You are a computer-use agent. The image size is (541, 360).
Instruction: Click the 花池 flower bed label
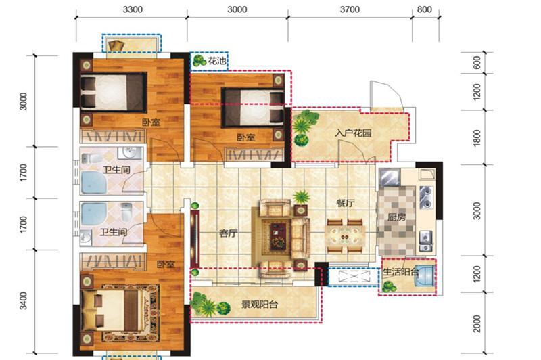click(217, 61)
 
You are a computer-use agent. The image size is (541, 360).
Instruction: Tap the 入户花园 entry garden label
click(353, 133)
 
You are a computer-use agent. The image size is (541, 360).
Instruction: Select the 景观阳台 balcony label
click(259, 305)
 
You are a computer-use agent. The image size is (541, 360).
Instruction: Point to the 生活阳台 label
click(400, 272)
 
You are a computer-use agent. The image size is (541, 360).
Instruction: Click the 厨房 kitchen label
click(397, 217)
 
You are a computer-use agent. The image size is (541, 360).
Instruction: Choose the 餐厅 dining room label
click(346, 203)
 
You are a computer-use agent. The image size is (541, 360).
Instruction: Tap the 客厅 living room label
click(228, 233)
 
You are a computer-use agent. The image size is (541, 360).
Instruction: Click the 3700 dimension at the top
click(350, 9)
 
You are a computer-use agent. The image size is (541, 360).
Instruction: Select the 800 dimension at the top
click(425, 9)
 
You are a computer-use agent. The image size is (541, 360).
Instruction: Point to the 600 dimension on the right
click(477, 63)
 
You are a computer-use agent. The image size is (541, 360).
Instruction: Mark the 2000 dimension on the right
click(477, 323)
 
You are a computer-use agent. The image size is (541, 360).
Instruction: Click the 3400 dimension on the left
click(23, 300)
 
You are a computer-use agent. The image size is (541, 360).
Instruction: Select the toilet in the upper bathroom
click(91, 159)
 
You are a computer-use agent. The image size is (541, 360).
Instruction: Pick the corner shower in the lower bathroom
click(93, 213)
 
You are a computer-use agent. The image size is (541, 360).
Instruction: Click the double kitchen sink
click(426, 198)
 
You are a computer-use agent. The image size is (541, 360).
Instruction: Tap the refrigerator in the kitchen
click(390, 177)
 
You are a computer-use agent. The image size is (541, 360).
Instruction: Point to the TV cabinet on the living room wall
click(195, 238)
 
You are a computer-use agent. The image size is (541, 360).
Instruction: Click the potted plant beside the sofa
click(301, 198)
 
